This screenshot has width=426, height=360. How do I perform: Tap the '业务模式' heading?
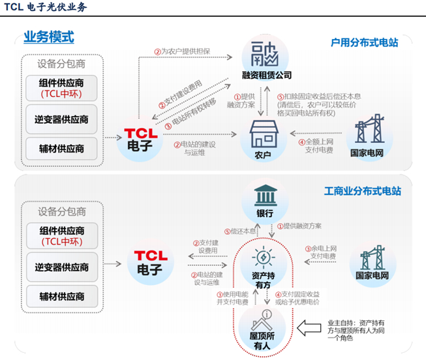(49, 37)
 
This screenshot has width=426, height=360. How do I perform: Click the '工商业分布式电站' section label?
(362, 192)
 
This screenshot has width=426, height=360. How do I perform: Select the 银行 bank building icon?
(265, 198)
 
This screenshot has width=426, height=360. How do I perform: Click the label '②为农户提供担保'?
(183, 52)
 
